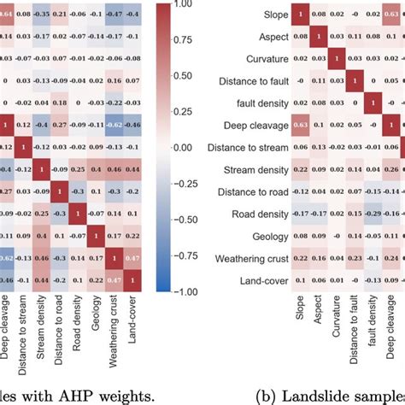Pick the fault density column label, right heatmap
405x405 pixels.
372,328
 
